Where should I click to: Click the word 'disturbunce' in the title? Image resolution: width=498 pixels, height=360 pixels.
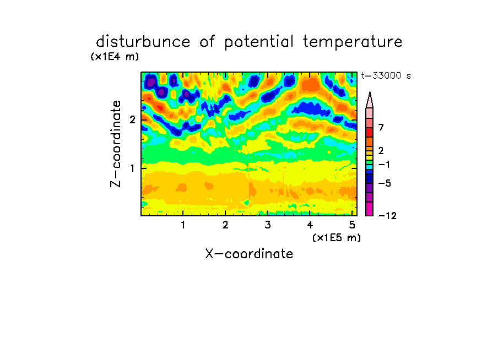point(143,42)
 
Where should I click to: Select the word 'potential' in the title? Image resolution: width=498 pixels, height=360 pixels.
point(259,42)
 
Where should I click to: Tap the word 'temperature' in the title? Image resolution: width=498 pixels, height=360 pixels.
point(353,42)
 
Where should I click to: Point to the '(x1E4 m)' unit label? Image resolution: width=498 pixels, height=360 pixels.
point(115,57)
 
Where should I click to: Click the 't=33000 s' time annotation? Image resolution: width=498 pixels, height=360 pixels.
point(386,75)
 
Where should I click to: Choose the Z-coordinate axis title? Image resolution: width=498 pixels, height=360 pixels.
point(116,144)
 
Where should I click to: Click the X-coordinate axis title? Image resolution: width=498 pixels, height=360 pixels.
point(249,254)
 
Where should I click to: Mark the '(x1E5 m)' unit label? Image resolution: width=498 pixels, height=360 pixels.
point(337,237)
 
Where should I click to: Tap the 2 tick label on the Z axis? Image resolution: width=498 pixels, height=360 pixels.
point(132,120)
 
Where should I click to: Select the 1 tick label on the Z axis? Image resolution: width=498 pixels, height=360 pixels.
point(132,168)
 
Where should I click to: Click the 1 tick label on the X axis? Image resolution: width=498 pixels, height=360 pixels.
point(183,225)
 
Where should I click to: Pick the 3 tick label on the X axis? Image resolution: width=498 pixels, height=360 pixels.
point(268,225)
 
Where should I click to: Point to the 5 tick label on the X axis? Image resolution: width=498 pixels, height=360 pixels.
point(352,225)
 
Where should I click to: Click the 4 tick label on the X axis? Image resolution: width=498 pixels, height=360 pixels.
point(310,225)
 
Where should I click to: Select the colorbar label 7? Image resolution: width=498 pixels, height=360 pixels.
point(381,127)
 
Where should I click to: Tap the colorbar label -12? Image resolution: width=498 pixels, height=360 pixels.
point(387,216)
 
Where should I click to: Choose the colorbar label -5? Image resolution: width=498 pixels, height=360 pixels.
point(385,183)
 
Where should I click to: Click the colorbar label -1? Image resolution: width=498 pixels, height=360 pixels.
point(384,165)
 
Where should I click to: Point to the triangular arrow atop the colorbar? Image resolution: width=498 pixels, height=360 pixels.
point(370,100)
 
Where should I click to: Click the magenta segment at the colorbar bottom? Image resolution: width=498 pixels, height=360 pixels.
point(370,209)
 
